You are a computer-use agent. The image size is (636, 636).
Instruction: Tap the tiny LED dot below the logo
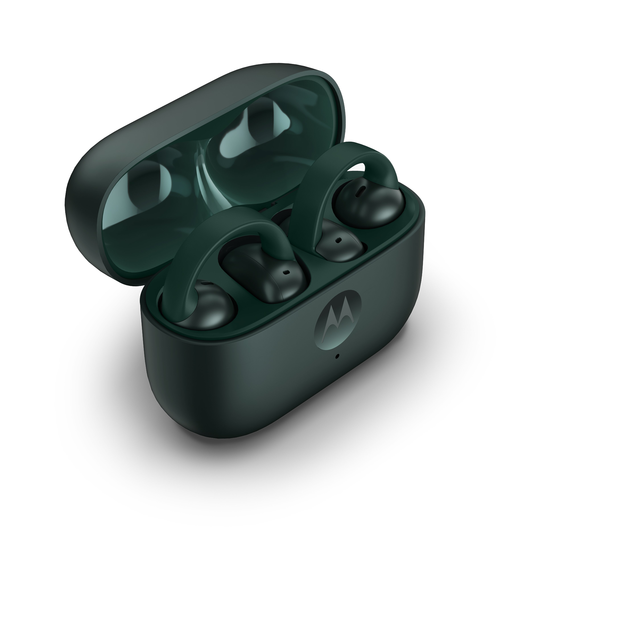click(337, 356)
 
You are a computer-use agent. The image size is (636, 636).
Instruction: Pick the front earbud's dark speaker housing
click(263, 270)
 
